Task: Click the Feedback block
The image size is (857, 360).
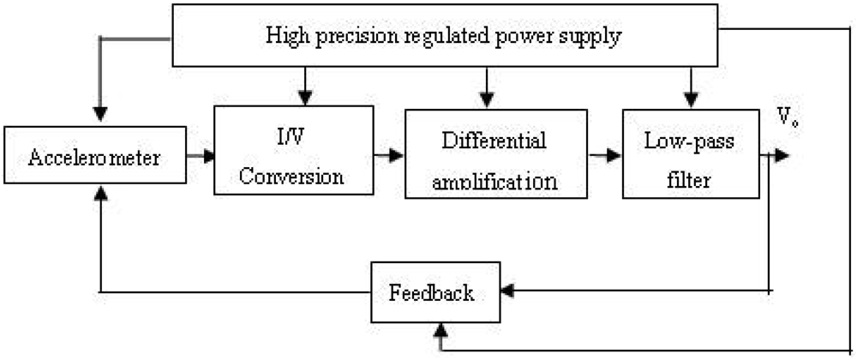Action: pyautogui.click(x=432, y=292)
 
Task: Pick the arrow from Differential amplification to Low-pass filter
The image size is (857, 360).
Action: pyautogui.click(x=608, y=156)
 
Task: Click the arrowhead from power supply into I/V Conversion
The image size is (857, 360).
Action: pyautogui.click(x=305, y=98)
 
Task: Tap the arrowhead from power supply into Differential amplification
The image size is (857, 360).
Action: pyautogui.click(x=487, y=98)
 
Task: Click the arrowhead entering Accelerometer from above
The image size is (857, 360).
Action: pyautogui.click(x=101, y=114)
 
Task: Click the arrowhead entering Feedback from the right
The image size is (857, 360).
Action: pyautogui.click(x=507, y=291)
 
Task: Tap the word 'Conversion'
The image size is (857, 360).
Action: pyautogui.click(x=291, y=177)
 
